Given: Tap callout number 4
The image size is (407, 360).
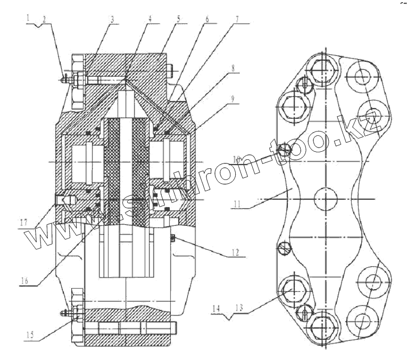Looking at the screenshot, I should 151,18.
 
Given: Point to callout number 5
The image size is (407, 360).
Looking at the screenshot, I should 179,18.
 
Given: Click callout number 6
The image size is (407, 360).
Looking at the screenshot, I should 207,18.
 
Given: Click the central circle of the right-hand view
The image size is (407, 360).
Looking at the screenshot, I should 326,198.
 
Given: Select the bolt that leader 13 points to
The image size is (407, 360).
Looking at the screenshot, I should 291,289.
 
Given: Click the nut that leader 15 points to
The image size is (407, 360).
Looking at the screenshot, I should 76,313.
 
